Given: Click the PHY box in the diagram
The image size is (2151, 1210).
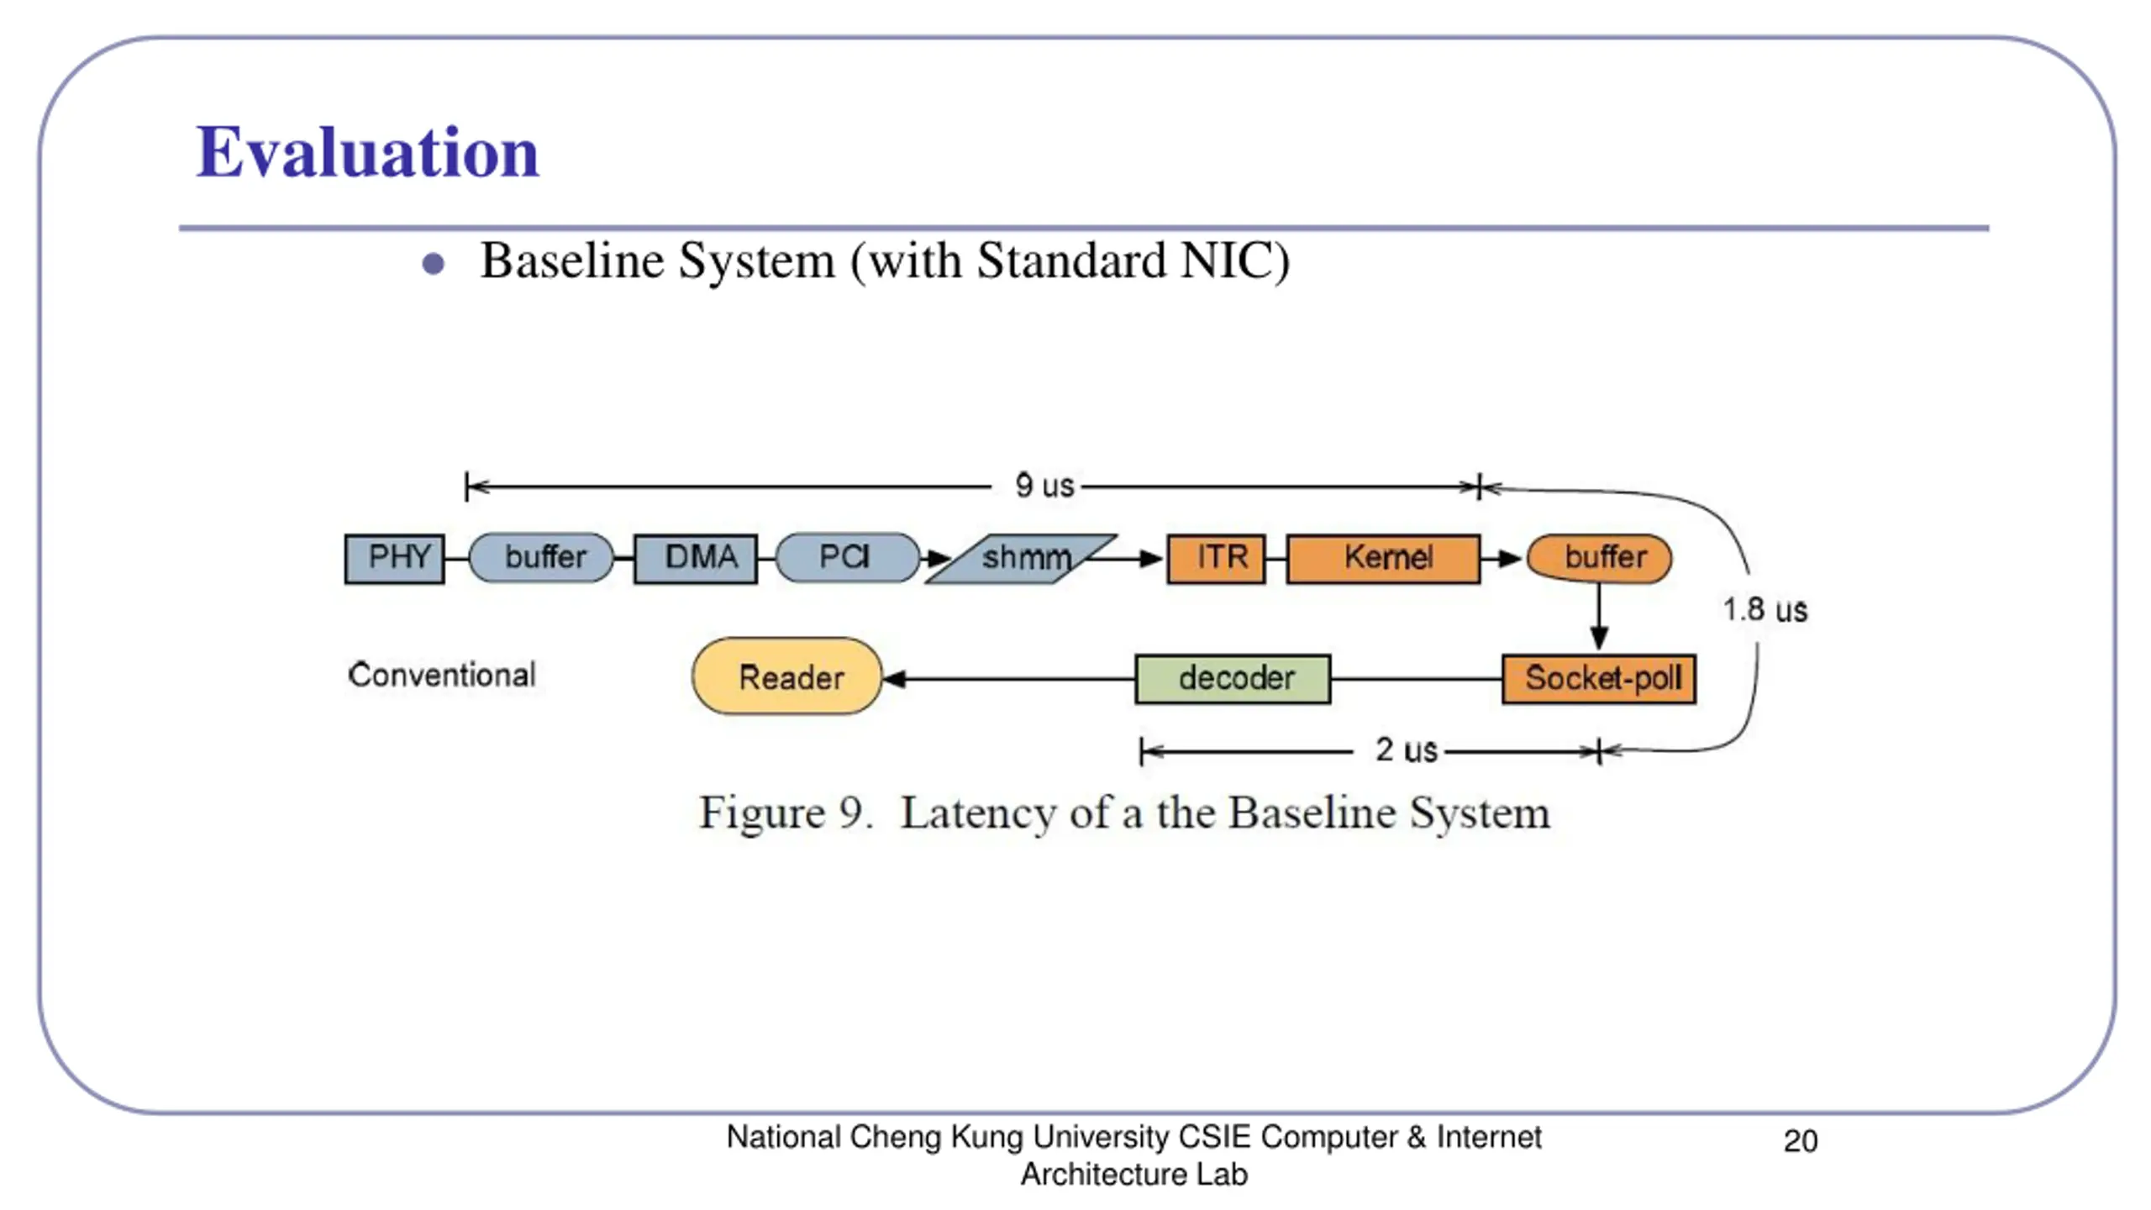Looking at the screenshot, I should click(x=394, y=558).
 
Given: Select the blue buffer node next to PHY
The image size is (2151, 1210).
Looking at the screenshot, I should click(x=542, y=558).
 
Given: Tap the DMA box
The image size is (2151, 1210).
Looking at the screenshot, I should click(x=696, y=558).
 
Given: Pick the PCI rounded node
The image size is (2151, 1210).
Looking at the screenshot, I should click(x=847, y=558).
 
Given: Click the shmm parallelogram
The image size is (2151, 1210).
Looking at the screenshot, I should click(x=1021, y=559).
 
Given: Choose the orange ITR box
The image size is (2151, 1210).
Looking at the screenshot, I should click(x=1217, y=558).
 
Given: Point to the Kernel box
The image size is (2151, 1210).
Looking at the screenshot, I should click(x=1384, y=558).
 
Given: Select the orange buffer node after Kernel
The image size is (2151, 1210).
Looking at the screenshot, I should click(x=1599, y=558).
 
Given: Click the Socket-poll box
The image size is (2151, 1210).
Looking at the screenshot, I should click(x=1599, y=679).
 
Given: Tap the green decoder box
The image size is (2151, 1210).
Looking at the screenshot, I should click(x=1233, y=679).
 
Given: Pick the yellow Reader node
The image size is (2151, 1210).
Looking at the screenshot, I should click(x=787, y=676).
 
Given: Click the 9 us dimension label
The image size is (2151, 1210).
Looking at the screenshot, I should click(x=1044, y=486).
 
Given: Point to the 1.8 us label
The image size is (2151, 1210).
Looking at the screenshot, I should click(x=1764, y=610).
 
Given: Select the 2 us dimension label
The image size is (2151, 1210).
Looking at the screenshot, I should click(x=1406, y=750).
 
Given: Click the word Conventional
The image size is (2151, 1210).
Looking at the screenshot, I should click(x=442, y=675).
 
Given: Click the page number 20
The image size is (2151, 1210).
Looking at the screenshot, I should click(x=1800, y=1141).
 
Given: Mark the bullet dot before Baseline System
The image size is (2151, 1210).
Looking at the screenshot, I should click(x=433, y=265).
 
